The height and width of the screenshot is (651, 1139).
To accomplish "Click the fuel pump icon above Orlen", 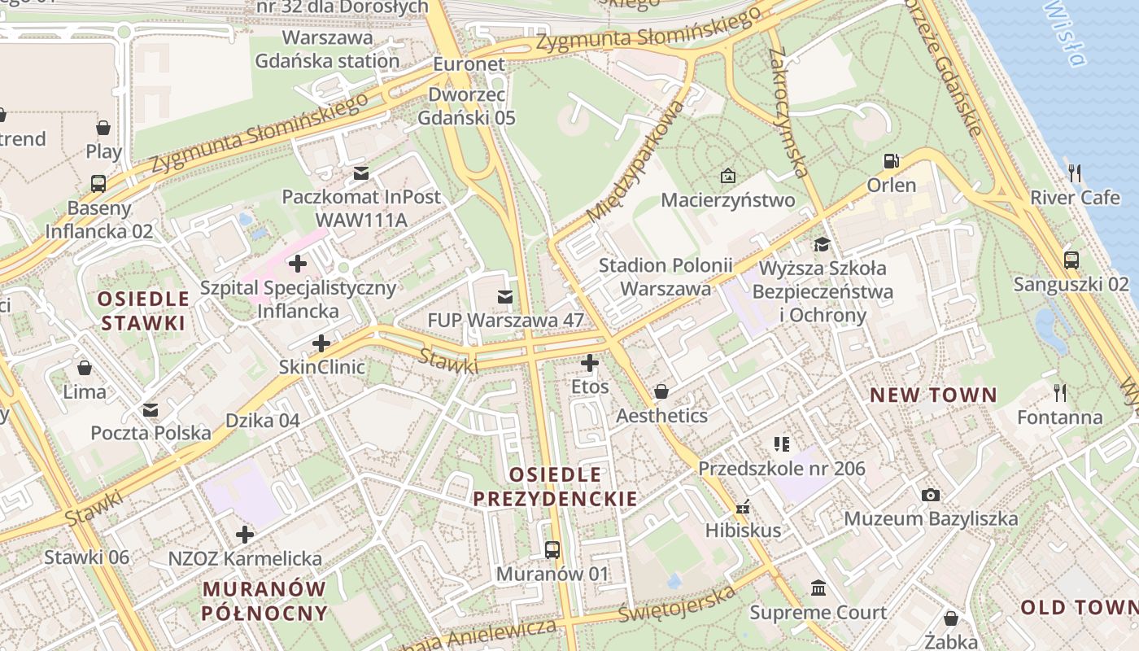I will click(x=892, y=161).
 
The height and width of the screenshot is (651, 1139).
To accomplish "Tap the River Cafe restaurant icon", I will click(x=1075, y=173).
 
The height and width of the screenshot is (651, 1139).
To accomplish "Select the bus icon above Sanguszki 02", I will click(x=1071, y=260).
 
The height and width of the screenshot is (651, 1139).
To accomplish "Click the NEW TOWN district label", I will click(x=933, y=395).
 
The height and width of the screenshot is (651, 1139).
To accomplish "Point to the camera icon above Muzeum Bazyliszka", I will click(x=931, y=495).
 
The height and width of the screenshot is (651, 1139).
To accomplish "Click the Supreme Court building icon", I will click(x=818, y=588).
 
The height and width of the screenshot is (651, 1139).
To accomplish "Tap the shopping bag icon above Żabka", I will click(x=950, y=618).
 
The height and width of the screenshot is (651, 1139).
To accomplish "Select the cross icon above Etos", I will click(x=590, y=363).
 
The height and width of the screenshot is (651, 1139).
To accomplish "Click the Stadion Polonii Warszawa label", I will click(x=666, y=277).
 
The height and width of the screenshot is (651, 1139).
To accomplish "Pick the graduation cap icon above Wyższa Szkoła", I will click(x=822, y=244).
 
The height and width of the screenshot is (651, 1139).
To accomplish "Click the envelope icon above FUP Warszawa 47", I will click(x=505, y=297).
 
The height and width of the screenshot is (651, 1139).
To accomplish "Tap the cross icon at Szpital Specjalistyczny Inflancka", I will click(x=298, y=264).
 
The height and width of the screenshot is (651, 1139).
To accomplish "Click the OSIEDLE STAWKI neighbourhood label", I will click(x=143, y=310).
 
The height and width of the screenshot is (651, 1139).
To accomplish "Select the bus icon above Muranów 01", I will click(x=552, y=550).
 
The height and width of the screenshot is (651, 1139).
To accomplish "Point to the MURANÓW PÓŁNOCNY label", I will click(x=264, y=601).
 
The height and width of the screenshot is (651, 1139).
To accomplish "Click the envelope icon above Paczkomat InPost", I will click(x=361, y=173).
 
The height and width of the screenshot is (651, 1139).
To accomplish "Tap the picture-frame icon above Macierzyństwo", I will click(x=727, y=176).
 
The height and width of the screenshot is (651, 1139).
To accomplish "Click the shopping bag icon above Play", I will click(x=103, y=128).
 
